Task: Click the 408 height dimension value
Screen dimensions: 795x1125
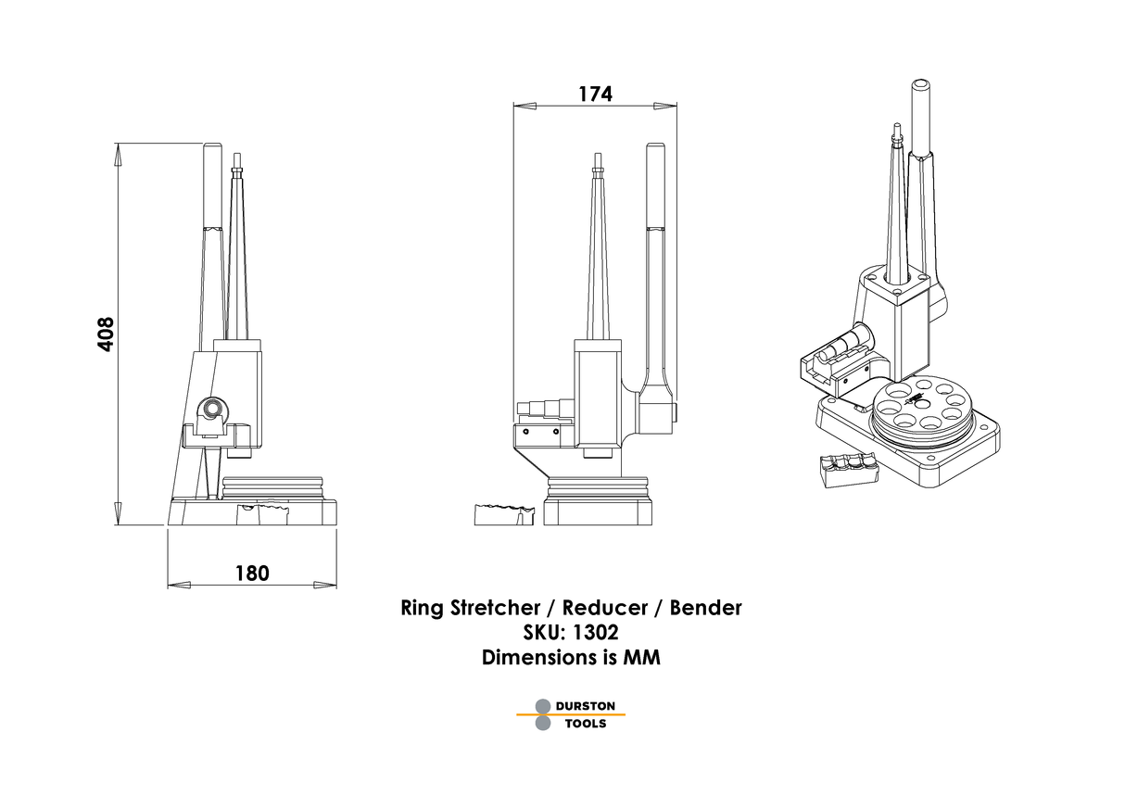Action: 106,334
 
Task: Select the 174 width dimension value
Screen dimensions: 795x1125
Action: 595,94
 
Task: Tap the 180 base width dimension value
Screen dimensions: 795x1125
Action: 251,573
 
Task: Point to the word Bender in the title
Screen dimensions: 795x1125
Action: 705,609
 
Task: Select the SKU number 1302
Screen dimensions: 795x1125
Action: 594,633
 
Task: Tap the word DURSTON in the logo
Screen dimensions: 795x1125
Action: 585,706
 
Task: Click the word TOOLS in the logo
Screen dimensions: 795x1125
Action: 585,724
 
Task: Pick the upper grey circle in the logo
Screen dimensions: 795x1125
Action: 543,706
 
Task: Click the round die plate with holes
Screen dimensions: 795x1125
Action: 923,406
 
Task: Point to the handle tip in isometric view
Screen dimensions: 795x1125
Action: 921,86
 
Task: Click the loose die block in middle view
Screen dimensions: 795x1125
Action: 504,514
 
